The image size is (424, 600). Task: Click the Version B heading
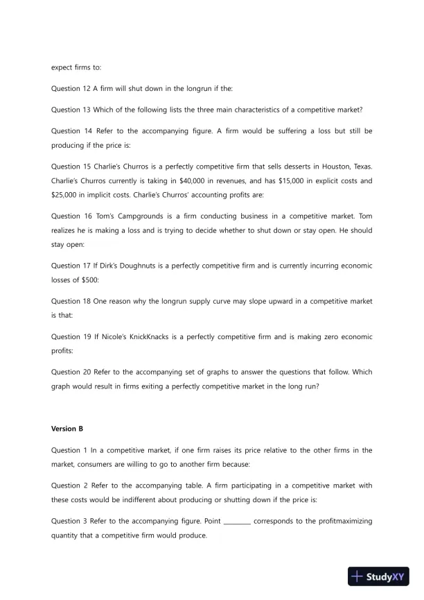(x=66, y=429)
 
